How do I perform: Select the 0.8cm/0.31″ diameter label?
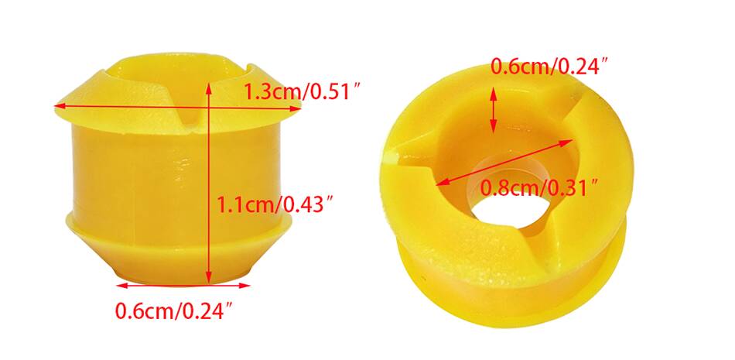point(540,189)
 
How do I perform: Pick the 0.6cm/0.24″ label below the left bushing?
point(175,311)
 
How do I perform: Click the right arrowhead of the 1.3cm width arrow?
point(296,109)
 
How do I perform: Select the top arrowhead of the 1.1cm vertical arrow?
point(209,87)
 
